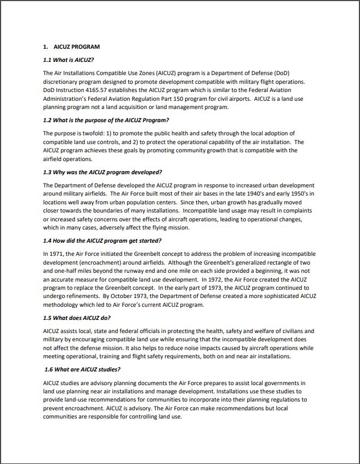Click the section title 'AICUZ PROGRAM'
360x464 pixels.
tap(77, 47)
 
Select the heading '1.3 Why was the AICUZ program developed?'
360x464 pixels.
tap(102, 172)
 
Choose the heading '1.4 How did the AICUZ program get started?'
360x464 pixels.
tap(102, 240)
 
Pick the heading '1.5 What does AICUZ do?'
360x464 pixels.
tap(78, 318)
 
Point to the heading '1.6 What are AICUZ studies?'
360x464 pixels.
tap(82, 369)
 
